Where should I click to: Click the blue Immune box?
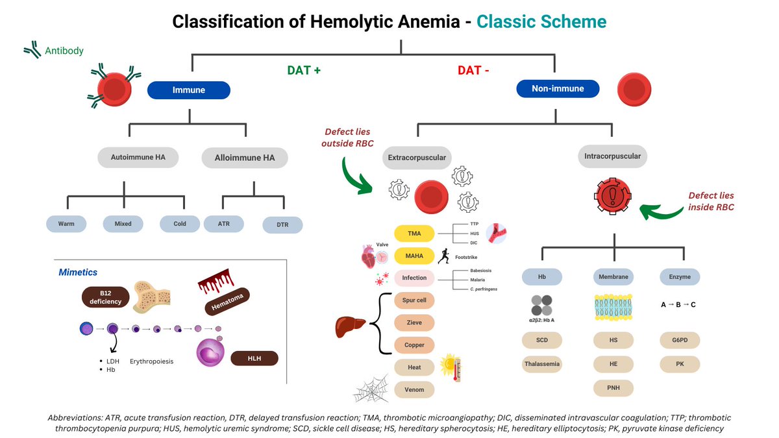pyautogui.click(x=189, y=90)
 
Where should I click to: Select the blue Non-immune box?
pyautogui.click(x=558, y=88)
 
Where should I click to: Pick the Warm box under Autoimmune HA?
pyautogui.click(x=66, y=224)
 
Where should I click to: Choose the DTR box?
pyautogui.click(x=282, y=225)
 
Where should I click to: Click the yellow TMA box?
pyautogui.click(x=414, y=234)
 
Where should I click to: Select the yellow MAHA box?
pyautogui.click(x=414, y=256)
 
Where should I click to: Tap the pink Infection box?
pyautogui.click(x=414, y=278)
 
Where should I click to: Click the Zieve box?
pyautogui.click(x=414, y=322)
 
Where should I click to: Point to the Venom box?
pyautogui.click(x=414, y=389)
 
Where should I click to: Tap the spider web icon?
pyautogui.click(x=371, y=389)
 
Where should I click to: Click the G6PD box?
pyautogui.click(x=680, y=340)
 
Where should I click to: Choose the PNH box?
pyautogui.click(x=613, y=388)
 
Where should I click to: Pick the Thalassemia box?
pyautogui.click(x=542, y=364)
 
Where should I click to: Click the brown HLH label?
pyautogui.click(x=254, y=358)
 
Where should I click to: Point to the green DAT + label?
pyautogui.click(x=304, y=71)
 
